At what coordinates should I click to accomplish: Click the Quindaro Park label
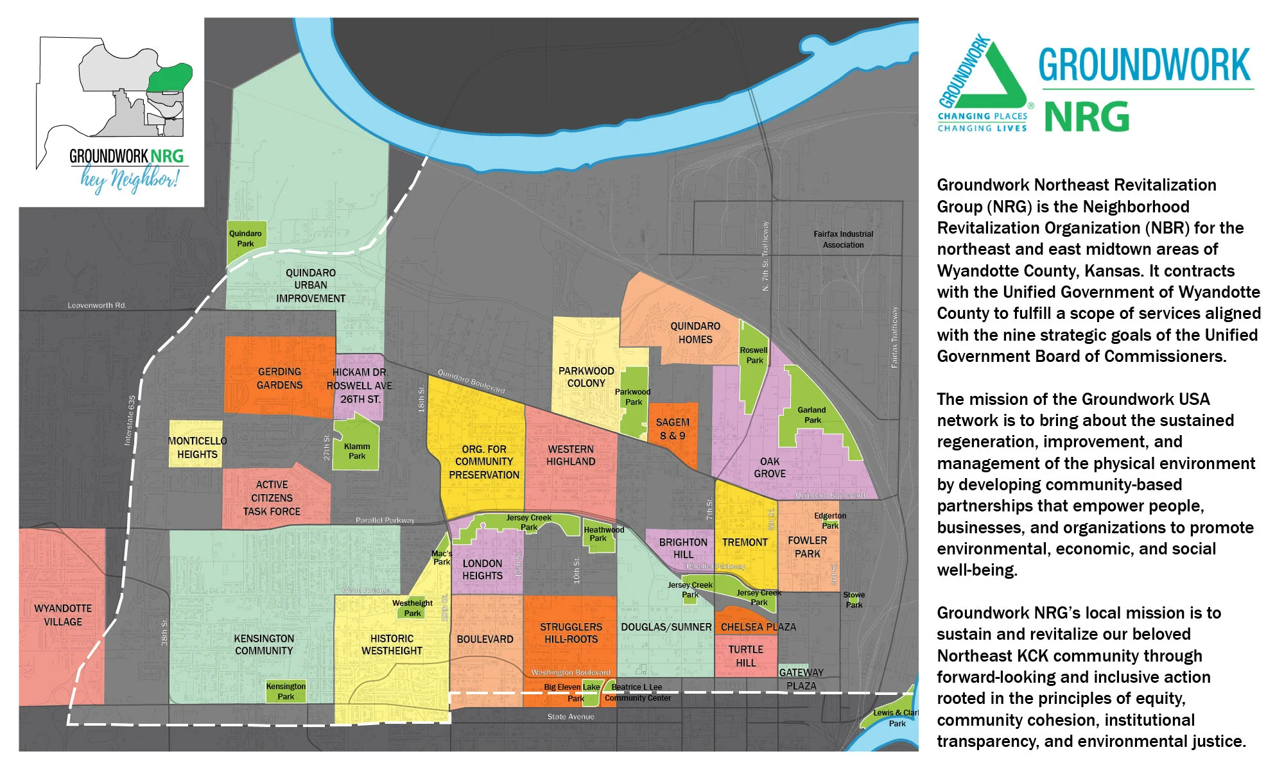click(x=245, y=239)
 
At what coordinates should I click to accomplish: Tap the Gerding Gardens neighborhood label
click(x=279, y=379)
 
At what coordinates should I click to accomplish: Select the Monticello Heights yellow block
click(x=196, y=443)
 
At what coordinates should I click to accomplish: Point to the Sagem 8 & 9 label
click(x=672, y=429)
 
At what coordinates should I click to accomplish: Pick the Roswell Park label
click(x=754, y=355)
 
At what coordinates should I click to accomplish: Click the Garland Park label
click(x=812, y=415)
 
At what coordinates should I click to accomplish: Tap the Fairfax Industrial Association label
click(x=843, y=239)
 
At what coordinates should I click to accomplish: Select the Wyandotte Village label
click(x=63, y=615)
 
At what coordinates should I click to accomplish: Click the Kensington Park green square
click(x=286, y=691)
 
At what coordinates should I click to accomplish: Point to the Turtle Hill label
click(x=745, y=656)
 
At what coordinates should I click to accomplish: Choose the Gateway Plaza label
click(x=801, y=679)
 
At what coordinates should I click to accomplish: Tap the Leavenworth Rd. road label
click(x=97, y=305)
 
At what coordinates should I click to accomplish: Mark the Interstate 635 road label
click(x=130, y=420)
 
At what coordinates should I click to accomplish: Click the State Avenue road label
click(x=571, y=717)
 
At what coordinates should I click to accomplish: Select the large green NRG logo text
click(x=1086, y=116)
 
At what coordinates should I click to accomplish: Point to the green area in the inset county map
click(x=169, y=78)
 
